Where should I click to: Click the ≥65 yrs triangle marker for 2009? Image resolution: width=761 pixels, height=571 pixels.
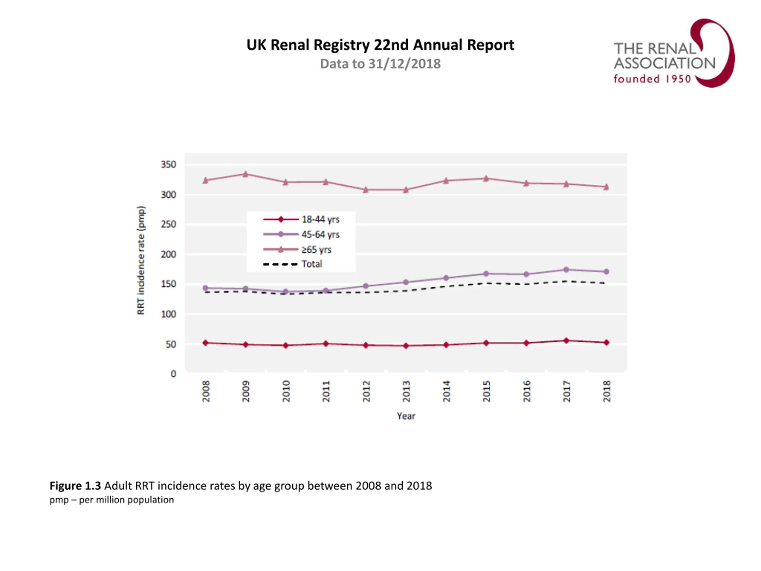(x=245, y=174)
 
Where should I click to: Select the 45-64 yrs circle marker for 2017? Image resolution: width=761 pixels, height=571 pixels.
(x=566, y=270)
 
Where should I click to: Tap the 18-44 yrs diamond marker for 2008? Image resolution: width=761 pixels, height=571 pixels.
(x=205, y=343)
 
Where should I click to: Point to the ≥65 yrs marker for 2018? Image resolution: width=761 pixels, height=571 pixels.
(x=606, y=187)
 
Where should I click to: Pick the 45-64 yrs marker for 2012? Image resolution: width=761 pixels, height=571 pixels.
(x=366, y=286)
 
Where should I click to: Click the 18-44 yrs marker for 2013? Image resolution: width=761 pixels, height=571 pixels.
(x=406, y=346)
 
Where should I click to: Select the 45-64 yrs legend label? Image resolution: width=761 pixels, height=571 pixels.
(x=320, y=234)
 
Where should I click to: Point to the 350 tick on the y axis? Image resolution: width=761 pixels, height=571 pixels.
(x=168, y=164)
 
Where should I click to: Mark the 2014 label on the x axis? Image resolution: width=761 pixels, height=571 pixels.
(x=446, y=391)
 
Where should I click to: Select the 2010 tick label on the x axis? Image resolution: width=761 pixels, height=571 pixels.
(x=286, y=391)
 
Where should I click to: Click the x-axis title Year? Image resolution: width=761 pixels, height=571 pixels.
(x=406, y=416)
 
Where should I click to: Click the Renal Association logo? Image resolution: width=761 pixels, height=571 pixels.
(x=674, y=53)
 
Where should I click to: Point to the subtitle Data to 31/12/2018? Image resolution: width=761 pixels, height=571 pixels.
(x=380, y=64)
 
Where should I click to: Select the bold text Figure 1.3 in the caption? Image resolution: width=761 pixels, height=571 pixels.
(x=75, y=486)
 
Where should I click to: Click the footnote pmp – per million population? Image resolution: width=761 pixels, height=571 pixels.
(x=112, y=500)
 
